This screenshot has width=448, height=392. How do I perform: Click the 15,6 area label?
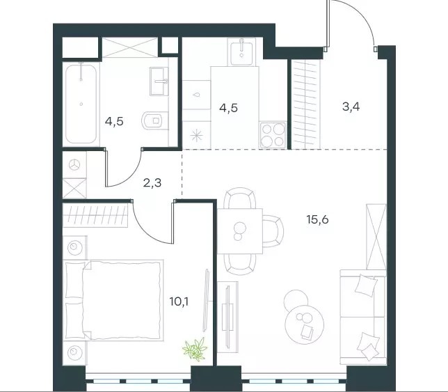(x=317, y=219)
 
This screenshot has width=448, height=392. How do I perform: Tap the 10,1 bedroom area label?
(x=179, y=301)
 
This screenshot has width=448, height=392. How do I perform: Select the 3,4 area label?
(x=351, y=107)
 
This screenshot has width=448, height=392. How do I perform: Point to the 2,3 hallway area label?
(x=152, y=182)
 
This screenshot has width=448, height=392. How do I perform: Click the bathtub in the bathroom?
(x=81, y=104)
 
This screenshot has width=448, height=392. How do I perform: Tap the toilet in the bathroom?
(x=154, y=120)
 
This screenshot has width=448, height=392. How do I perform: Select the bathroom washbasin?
(x=159, y=81)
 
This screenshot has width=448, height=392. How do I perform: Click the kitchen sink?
(x=241, y=52)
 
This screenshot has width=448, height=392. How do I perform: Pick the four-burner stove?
(x=273, y=135)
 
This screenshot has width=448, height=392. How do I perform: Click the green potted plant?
(x=195, y=349)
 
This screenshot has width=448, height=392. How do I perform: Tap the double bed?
(x=113, y=300)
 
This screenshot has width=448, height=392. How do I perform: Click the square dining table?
(x=240, y=231)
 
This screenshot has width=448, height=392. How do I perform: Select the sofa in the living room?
(x=363, y=317)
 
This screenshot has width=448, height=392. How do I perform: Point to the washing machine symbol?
(x=74, y=165)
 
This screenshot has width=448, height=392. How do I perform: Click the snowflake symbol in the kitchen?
(x=197, y=135)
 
